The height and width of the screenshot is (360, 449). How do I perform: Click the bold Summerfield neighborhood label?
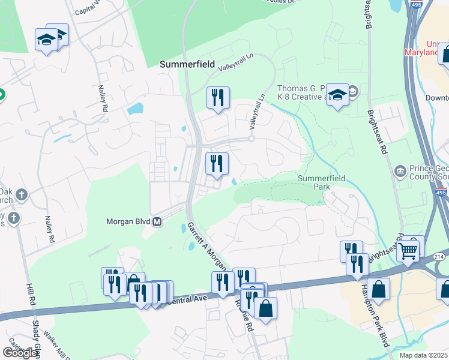pos(187,63)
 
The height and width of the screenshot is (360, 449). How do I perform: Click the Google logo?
pos(20,353)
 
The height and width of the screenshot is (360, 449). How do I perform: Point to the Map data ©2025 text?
pos(423,355)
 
